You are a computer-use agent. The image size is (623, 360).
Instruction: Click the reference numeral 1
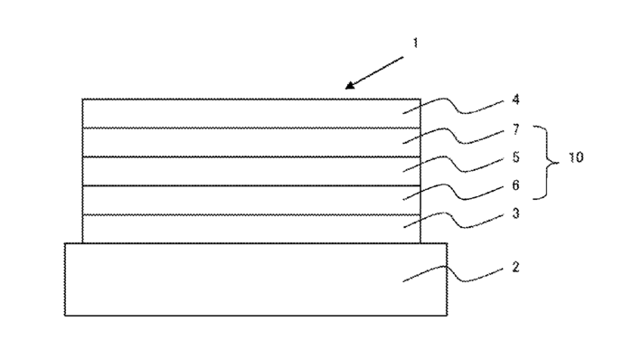(x=415, y=43)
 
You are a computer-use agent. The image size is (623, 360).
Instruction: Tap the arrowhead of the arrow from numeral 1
(x=350, y=85)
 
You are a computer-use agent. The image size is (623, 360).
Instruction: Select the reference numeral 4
(x=515, y=99)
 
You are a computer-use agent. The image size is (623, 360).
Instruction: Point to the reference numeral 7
(x=515, y=129)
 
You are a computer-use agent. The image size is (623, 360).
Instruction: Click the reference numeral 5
(x=515, y=157)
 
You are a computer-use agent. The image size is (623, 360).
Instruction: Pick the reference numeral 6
(x=515, y=185)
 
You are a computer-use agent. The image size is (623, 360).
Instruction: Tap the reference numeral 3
(x=515, y=213)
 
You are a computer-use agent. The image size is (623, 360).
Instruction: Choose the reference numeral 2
(x=515, y=267)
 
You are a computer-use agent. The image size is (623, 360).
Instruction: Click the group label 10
(x=576, y=157)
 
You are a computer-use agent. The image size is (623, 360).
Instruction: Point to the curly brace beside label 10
(x=547, y=162)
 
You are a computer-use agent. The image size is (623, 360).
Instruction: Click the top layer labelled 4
(x=251, y=113)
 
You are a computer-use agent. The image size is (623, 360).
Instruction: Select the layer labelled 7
(x=251, y=142)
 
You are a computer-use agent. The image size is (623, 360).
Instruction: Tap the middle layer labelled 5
(x=251, y=171)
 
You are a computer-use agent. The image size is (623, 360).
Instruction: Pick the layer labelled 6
(x=251, y=200)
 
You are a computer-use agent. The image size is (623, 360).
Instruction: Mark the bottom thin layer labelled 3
(x=251, y=229)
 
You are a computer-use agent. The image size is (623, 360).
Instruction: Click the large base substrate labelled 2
(x=256, y=279)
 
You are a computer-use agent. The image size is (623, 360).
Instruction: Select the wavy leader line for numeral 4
(x=453, y=105)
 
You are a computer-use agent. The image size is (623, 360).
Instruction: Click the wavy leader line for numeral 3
(x=453, y=219)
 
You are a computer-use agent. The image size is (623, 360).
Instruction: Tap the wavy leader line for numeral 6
(x=453, y=191)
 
